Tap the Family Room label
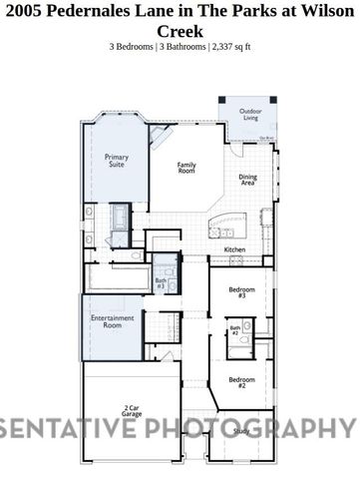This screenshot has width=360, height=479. (186, 167)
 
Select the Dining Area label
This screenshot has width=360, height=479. (248, 180)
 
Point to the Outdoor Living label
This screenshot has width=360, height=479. (248, 114)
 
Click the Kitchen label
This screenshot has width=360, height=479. (234, 249)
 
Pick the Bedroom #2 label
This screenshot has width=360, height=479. (236, 382)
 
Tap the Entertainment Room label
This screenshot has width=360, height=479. (112, 322)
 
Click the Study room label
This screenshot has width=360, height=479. (241, 431)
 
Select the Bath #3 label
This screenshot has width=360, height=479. (161, 283)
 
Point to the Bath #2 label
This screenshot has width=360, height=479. (235, 330)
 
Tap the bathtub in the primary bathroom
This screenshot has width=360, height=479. (121, 217)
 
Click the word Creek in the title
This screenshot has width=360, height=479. (180, 31)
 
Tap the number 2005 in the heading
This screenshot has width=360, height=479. (27, 12)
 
